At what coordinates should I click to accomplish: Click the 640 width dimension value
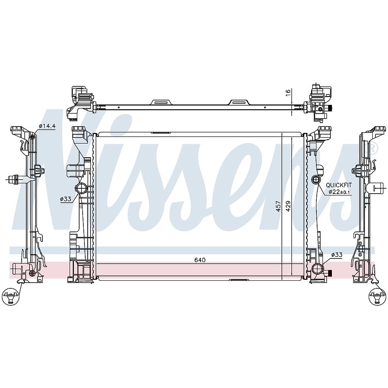tap(200, 260)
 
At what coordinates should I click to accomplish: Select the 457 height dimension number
tap(278, 206)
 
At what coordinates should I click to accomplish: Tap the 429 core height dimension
tap(288, 206)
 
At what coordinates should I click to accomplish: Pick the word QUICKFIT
tap(338, 185)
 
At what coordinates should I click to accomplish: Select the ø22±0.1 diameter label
tap(340, 192)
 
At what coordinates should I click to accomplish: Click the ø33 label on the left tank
tap(66, 199)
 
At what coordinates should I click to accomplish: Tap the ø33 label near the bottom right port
tap(336, 255)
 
